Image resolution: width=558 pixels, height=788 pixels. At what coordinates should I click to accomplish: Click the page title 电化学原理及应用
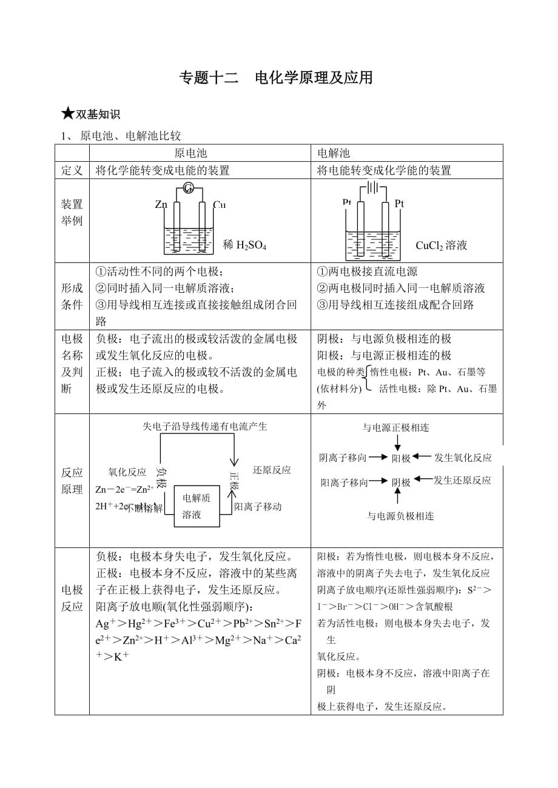pyautogui.click(x=314, y=78)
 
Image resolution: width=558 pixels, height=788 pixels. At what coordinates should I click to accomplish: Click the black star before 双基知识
pyautogui.click(x=67, y=113)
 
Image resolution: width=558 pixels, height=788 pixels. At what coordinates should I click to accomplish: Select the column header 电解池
pyautogui.click(x=334, y=153)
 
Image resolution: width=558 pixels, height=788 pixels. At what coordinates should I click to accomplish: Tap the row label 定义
pyautogui.click(x=72, y=170)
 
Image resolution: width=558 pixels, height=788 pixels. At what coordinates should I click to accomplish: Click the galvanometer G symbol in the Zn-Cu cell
pyautogui.click(x=188, y=189)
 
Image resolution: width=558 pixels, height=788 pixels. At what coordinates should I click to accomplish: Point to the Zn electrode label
pyautogui.click(x=161, y=205)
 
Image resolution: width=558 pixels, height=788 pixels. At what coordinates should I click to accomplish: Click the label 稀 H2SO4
pyautogui.click(x=245, y=245)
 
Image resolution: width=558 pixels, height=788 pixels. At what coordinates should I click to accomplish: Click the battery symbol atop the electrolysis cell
pyautogui.click(x=372, y=188)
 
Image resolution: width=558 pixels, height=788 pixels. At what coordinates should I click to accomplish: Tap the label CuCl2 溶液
pyautogui.click(x=442, y=245)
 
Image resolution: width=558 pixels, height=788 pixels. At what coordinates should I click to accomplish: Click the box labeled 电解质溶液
pyautogui.click(x=196, y=506)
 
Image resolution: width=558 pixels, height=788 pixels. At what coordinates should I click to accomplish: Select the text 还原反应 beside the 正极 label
pyautogui.click(x=272, y=470)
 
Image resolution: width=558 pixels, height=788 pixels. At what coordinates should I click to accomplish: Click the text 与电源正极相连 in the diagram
pyautogui.click(x=395, y=428)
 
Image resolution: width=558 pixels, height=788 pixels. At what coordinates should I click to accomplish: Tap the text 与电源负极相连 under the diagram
pyautogui.click(x=400, y=516)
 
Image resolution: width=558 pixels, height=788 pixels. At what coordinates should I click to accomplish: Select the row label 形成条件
pyautogui.click(x=72, y=296)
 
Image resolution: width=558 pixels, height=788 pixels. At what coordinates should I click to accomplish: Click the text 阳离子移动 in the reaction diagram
pyautogui.click(x=258, y=507)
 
